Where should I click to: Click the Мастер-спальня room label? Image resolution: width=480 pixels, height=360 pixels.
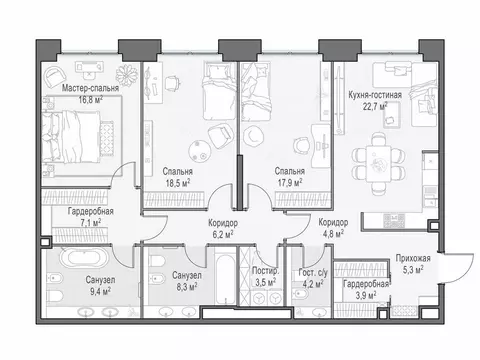[90, 88]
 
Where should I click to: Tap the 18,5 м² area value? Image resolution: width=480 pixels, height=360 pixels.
[178, 183]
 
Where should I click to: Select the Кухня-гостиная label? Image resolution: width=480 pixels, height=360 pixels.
[375, 95]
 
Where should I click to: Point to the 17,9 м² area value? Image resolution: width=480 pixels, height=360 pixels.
[290, 183]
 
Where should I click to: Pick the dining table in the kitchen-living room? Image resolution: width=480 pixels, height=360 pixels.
[378, 163]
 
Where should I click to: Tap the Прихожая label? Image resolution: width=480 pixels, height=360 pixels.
[413, 258]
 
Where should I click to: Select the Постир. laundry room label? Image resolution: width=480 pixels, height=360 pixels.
[265, 271]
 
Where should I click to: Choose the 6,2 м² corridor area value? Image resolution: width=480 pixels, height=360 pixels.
[223, 234]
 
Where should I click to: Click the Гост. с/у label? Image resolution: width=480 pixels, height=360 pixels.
[313, 273]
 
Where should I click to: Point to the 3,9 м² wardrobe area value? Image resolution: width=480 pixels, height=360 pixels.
[366, 295]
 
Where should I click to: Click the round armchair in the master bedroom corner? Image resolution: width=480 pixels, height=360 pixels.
[54, 76]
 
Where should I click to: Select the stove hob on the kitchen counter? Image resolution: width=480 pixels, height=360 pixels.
[394, 220]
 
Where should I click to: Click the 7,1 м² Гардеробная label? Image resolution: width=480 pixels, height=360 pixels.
[91, 217]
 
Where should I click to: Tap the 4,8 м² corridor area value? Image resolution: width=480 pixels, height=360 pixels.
[334, 234]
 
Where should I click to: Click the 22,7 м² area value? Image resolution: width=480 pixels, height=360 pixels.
[375, 107]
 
